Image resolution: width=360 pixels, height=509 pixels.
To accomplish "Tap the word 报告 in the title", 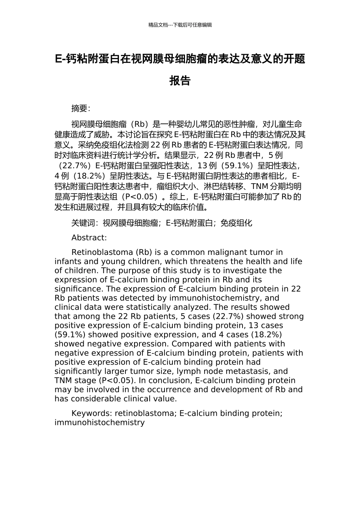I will pyautogui.click(x=180, y=81).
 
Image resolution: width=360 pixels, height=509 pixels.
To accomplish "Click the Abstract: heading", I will pyautogui.click(x=89, y=238).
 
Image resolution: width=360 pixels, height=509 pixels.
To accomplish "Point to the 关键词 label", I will pyautogui.click(x=83, y=223).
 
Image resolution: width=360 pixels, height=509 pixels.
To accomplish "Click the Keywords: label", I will pyautogui.click(x=92, y=413).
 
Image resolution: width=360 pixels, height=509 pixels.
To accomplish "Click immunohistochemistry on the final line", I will pyautogui.click(x=100, y=422).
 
